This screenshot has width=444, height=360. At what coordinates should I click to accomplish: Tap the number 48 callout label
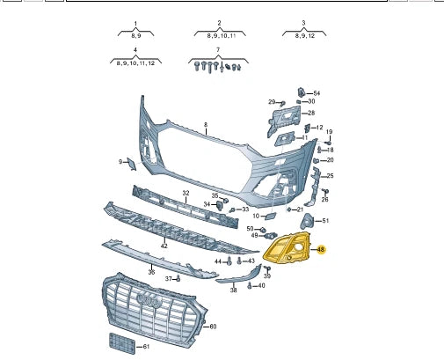coord(321,250)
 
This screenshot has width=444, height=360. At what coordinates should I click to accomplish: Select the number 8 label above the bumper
coord(206,125)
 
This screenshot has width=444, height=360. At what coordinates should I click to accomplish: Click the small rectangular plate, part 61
coord(120,342)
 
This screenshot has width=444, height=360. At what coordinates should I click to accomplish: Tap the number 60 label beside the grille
coord(213,326)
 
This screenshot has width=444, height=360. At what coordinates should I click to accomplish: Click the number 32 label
coord(186,193)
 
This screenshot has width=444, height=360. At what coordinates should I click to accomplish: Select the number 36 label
coord(151,272)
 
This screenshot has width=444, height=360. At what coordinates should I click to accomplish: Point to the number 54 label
coord(317,93)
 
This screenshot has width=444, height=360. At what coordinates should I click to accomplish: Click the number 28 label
coord(310,113)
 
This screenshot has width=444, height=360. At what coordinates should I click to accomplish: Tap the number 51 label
coord(324,220)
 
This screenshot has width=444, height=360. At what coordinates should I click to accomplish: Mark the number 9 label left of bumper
coord(121,162)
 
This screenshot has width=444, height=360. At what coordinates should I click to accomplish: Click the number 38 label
coord(233,290)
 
